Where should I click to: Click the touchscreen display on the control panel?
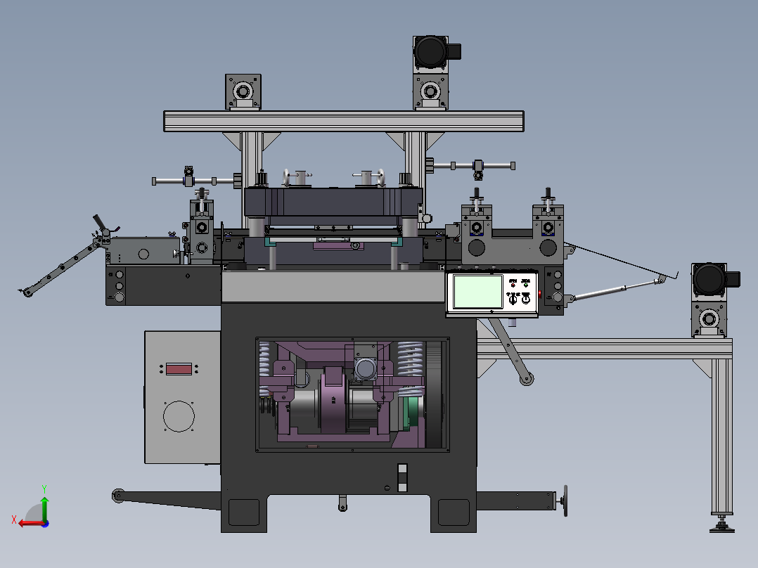pos(478,291)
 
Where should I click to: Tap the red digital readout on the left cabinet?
pos(179,368)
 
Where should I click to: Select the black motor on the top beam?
pos(431,51)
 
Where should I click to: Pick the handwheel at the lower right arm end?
pos(564,501)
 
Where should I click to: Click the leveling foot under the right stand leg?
pos(722,524)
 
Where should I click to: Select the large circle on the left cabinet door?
pos(179,416)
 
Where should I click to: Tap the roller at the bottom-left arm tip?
pos(117,496)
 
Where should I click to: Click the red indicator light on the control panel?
pos(513,283)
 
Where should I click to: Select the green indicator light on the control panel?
pos(525,283)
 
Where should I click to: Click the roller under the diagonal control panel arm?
pos(526,380)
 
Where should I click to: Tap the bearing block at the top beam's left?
pos(243,92)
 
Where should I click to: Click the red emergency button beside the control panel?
pos(540,293)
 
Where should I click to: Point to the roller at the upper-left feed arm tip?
pos(27,292)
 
